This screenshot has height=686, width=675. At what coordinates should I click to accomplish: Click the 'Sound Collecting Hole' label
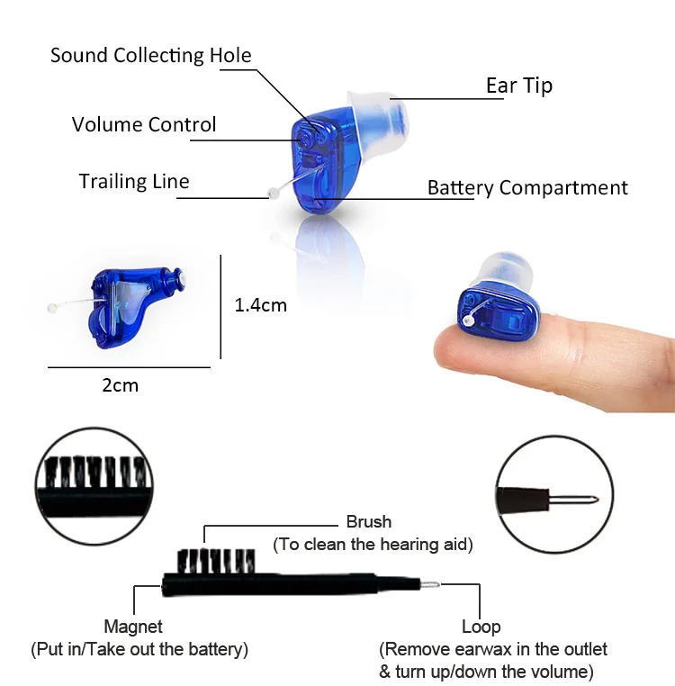tap(150, 55)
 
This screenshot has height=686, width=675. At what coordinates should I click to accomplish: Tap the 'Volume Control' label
tap(144, 124)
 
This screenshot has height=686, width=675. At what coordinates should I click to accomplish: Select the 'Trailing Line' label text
tap(134, 181)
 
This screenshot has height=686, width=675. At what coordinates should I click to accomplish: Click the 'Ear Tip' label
tap(519, 86)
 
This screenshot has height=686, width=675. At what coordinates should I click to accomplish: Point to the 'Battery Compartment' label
tap(527, 188)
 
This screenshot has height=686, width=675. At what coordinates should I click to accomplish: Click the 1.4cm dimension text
tap(260, 305)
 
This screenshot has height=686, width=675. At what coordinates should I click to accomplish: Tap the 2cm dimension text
tap(120, 385)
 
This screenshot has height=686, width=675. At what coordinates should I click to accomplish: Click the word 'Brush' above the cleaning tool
tap(369, 521)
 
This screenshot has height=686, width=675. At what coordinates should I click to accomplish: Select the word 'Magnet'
tap(134, 627)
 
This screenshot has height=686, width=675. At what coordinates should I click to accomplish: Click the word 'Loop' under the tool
tap(481, 627)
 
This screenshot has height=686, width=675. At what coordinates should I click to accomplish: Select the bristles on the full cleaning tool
tap(214, 561)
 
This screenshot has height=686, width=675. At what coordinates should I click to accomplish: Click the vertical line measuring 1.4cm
tap(220, 306)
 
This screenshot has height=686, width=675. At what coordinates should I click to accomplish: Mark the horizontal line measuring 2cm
tap(128, 367)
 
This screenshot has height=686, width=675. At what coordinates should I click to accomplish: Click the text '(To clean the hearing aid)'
tap(373, 544)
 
